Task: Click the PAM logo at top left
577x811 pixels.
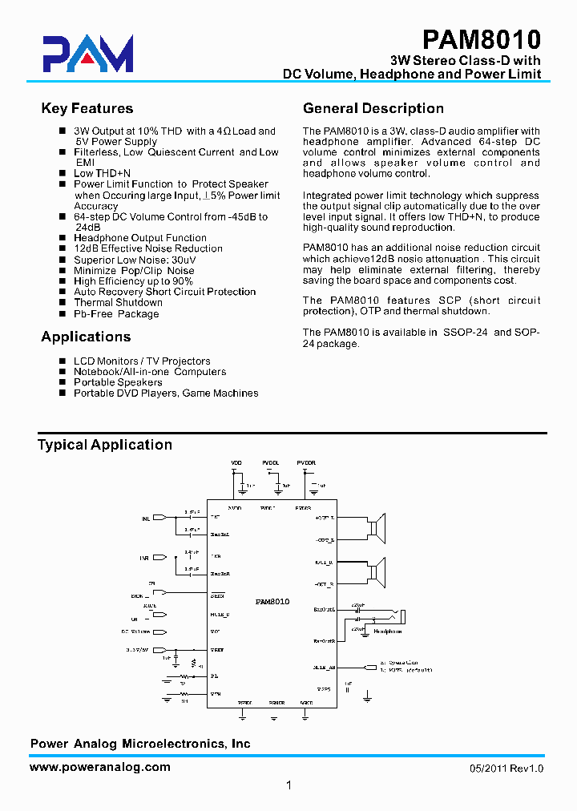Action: [x=88, y=54]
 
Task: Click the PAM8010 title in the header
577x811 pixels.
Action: [x=482, y=39]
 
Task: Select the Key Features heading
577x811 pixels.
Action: [x=87, y=109]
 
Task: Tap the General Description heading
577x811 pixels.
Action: [x=373, y=109]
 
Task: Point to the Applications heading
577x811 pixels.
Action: [x=86, y=337]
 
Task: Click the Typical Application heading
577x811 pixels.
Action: [x=105, y=445]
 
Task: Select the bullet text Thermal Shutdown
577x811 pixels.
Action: [x=118, y=303]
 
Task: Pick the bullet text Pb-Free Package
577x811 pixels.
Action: [x=116, y=314]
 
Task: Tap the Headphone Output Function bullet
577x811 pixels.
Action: [x=140, y=238]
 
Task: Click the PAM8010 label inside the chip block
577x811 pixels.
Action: [x=272, y=601]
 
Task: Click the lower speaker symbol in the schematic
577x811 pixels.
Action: [x=375, y=571]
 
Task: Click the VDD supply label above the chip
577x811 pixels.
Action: [x=236, y=463]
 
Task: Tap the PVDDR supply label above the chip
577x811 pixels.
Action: [x=305, y=463]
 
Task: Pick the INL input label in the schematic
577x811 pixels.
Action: [x=146, y=518]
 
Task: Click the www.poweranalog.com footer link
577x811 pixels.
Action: [x=100, y=767]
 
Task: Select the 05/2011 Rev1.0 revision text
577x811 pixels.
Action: [x=506, y=769]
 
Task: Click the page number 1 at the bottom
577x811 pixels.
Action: [x=288, y=786]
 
